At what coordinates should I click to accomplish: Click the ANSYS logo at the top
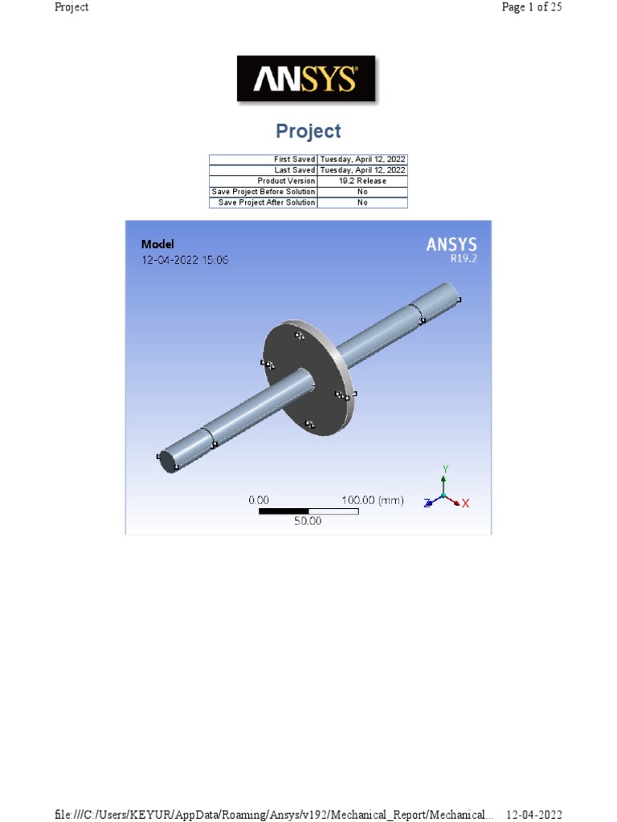[305, 79]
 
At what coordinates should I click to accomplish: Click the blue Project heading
[308, 131]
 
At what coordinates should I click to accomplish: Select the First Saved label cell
[264, 160]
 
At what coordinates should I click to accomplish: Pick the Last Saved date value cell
[362, 170]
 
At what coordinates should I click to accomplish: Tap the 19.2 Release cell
[362, 181]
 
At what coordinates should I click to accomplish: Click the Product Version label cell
[264, 181]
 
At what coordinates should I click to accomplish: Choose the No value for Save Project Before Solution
[362, 192]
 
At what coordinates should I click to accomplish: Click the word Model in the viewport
[157, 244]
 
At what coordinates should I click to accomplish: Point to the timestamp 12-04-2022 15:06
[185, 260]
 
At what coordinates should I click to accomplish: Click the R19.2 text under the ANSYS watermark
[464, 259]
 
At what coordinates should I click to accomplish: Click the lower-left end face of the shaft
[170, 462]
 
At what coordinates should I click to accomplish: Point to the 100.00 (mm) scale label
[372, 500]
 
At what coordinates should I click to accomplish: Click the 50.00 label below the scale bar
[308, 521]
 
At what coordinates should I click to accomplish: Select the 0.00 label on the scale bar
[259, 500]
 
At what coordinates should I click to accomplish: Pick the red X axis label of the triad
[465, 503]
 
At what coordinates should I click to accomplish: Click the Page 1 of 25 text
[531, 7]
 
